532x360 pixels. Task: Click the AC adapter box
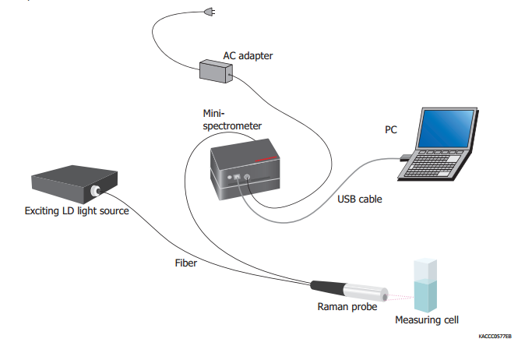pos(216,72)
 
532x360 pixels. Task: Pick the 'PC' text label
pos(391,130)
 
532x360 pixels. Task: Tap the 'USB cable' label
pos(359,199)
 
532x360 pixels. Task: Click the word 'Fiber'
pos(186,263)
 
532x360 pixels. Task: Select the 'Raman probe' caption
pos(348,307)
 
